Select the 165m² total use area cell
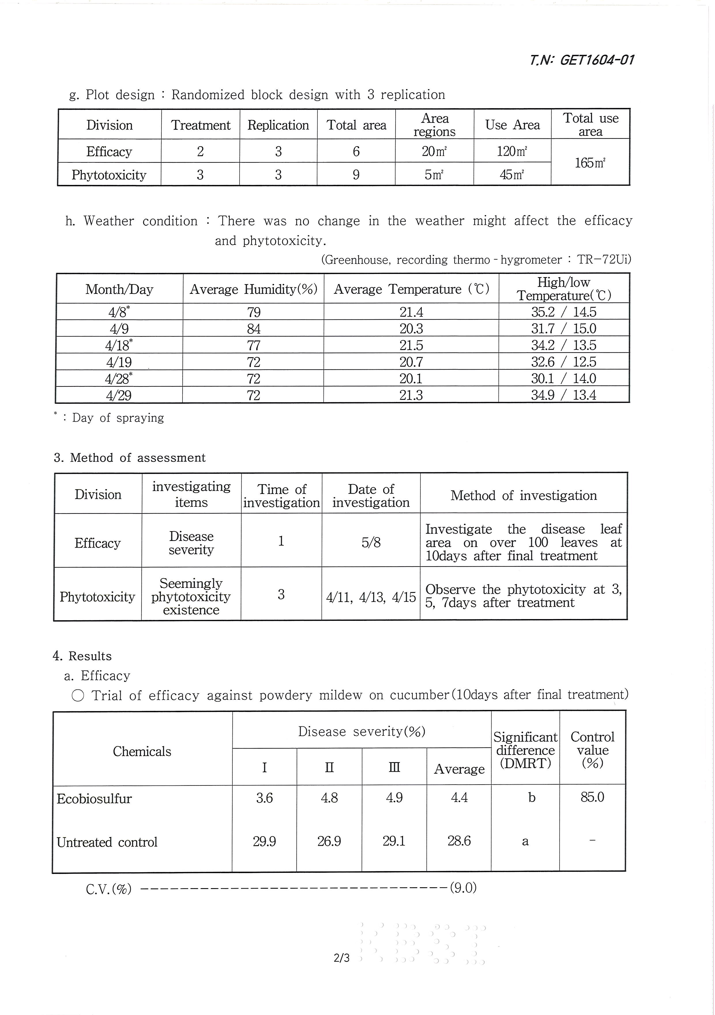coord(590,163)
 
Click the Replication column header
coord(278,125)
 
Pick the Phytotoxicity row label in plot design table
coord(109,175)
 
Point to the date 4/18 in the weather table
coord(119,345)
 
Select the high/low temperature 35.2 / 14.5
coord(563,312)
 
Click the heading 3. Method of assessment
coord(129,458)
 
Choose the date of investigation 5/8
coord(371,542)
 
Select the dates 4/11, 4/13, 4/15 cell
coord(371,597)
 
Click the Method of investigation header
coord(523,495)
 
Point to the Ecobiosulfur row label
coord(94,798)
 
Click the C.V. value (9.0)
coord(463,887)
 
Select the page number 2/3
coord(342,958)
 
